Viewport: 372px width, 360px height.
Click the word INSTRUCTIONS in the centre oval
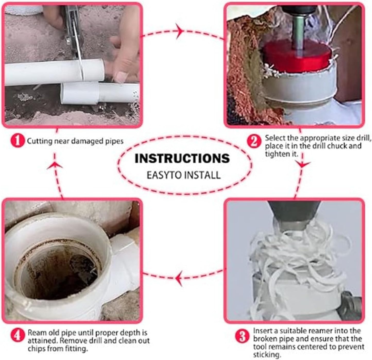(x=182, y=158)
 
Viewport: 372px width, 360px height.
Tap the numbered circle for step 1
(x=17, y=141)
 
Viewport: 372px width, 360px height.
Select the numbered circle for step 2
(x=254, y=141)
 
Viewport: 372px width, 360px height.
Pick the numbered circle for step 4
(x=17, y=336)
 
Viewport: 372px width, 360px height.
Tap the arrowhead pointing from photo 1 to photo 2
(x=180, y=31)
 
